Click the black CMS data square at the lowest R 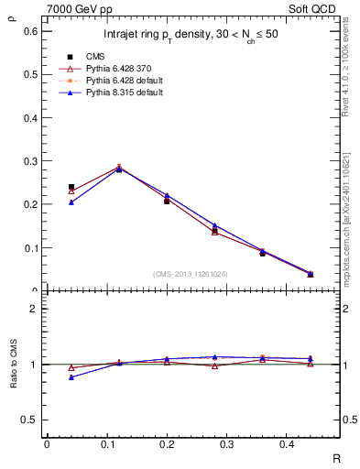71,187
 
